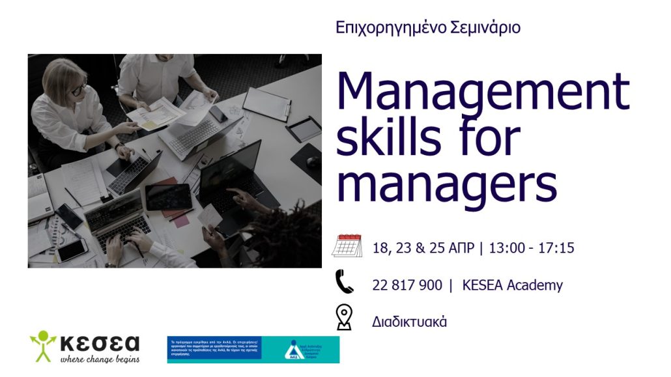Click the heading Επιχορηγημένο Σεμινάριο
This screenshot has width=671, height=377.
(428, 28)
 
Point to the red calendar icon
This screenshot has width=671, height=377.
(347, 245)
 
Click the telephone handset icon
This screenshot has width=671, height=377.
(344, 282)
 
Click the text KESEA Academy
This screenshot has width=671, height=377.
(512, 285)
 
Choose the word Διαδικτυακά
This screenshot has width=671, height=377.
(409, 322)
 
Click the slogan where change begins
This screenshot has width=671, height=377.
(99, 358)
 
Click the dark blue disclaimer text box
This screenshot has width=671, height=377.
(214, 348)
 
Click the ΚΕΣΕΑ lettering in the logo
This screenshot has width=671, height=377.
(99, 342)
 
